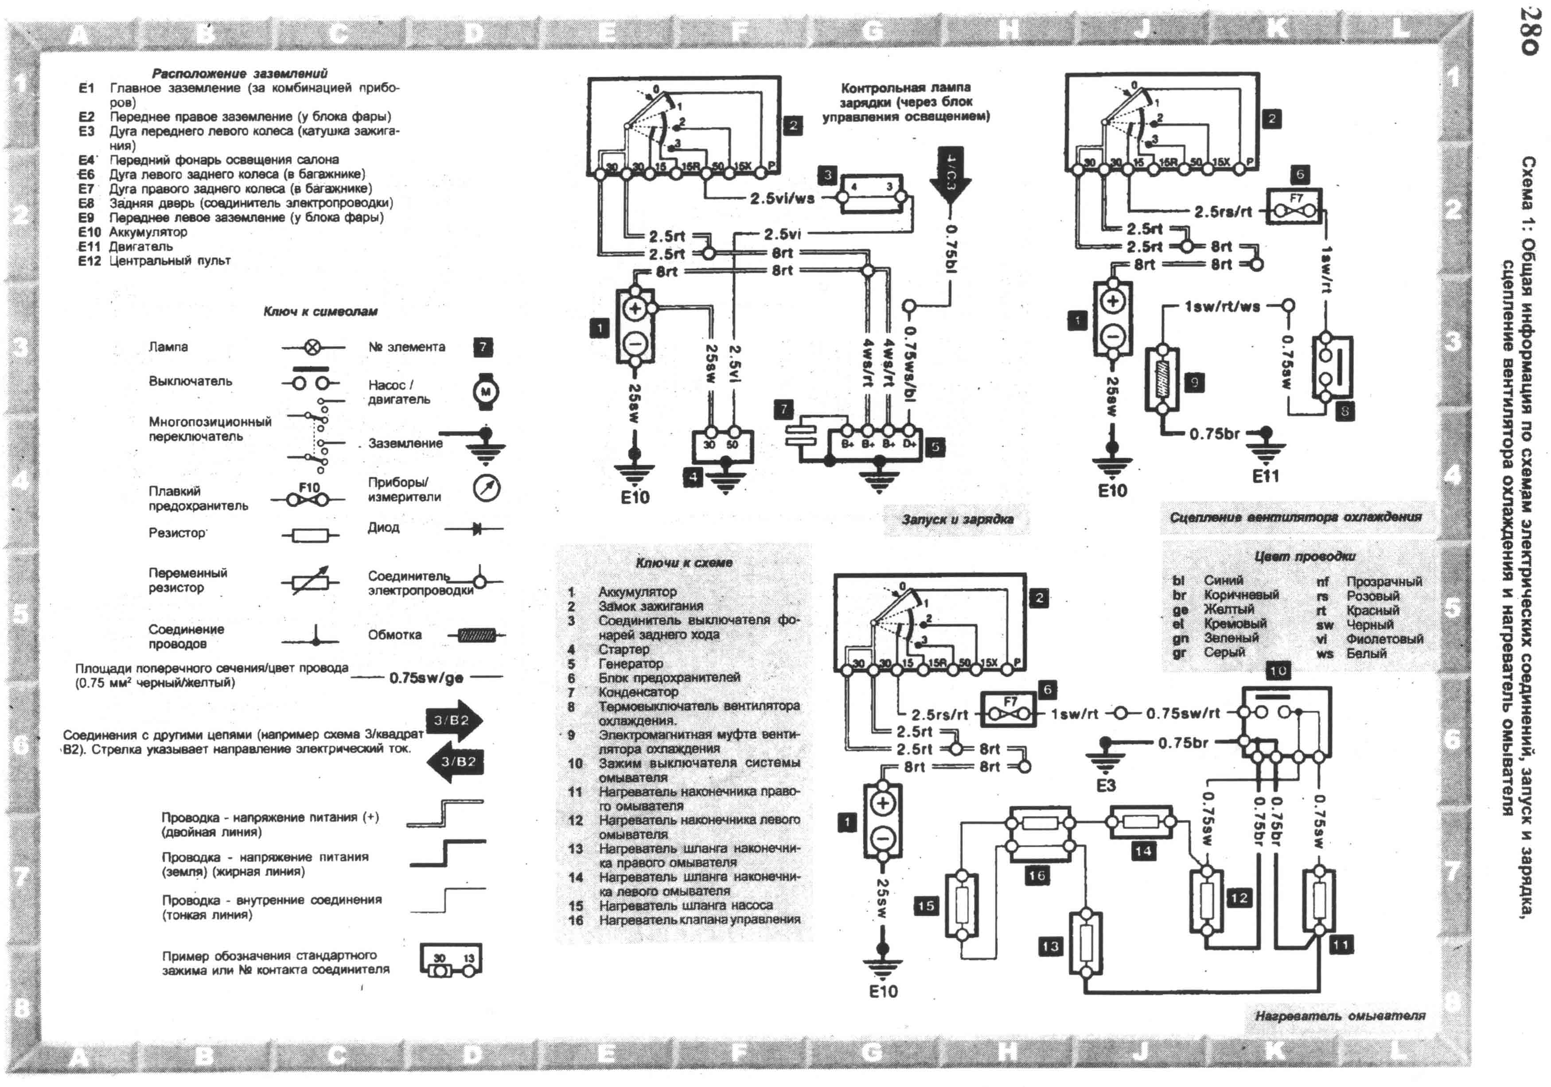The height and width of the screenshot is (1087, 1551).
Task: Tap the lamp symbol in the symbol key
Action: pyautogui.click(x=312, y=347)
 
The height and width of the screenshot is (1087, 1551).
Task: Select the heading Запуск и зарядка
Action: pyautogui.click(x=957, y=519)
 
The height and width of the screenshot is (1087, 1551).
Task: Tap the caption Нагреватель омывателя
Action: pyautogui.click(x=1340, y=1015)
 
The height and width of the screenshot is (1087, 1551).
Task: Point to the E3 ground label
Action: pyautogui.click(x=1106, y=785)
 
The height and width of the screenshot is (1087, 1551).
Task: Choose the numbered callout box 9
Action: pyautogui.click(x=1194, y=383)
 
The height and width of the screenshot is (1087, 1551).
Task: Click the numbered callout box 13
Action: pyautogui.click(x=1050, y=946)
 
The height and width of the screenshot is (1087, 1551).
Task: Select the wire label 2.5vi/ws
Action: pyautogui.click(x=782, y=199)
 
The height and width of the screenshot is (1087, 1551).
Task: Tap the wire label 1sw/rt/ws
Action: pyautogui.click(x=1222, y=306)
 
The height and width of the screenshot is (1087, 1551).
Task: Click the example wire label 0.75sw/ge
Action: pyautogui.click(x=426, y=677)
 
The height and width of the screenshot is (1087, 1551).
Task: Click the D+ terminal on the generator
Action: pyautogui.click(x=909, y=444)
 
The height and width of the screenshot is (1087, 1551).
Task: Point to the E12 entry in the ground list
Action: pyautogui.click(x=89, y=261)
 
